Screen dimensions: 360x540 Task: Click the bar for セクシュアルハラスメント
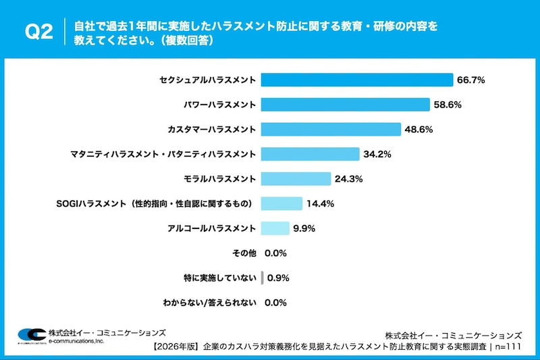pyautogui.click(x=356, y=80)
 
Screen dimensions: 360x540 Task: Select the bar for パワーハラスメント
pyautogui.click(x=345, y=105)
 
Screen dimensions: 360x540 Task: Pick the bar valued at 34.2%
pyautogui.click(x=310, y=154)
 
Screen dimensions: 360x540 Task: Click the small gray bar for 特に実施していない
pyautogui.click(x=262, y=278)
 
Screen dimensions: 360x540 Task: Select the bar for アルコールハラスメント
pyautogui.click(x=275, y=228)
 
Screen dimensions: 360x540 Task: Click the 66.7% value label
pyautogui.click(x=471, y=80)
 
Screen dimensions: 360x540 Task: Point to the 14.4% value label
pyautogui.click(x=321, y=203)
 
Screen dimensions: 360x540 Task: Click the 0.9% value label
pyautogui.click(x=279, y=278)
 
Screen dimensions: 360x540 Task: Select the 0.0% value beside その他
pyautogui.click(x=276, y=253)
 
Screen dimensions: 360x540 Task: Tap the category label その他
pyautogui.click(x=244, y=253)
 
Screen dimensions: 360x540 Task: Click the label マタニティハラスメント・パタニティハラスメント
pyautogui.click(x=163, y=154)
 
